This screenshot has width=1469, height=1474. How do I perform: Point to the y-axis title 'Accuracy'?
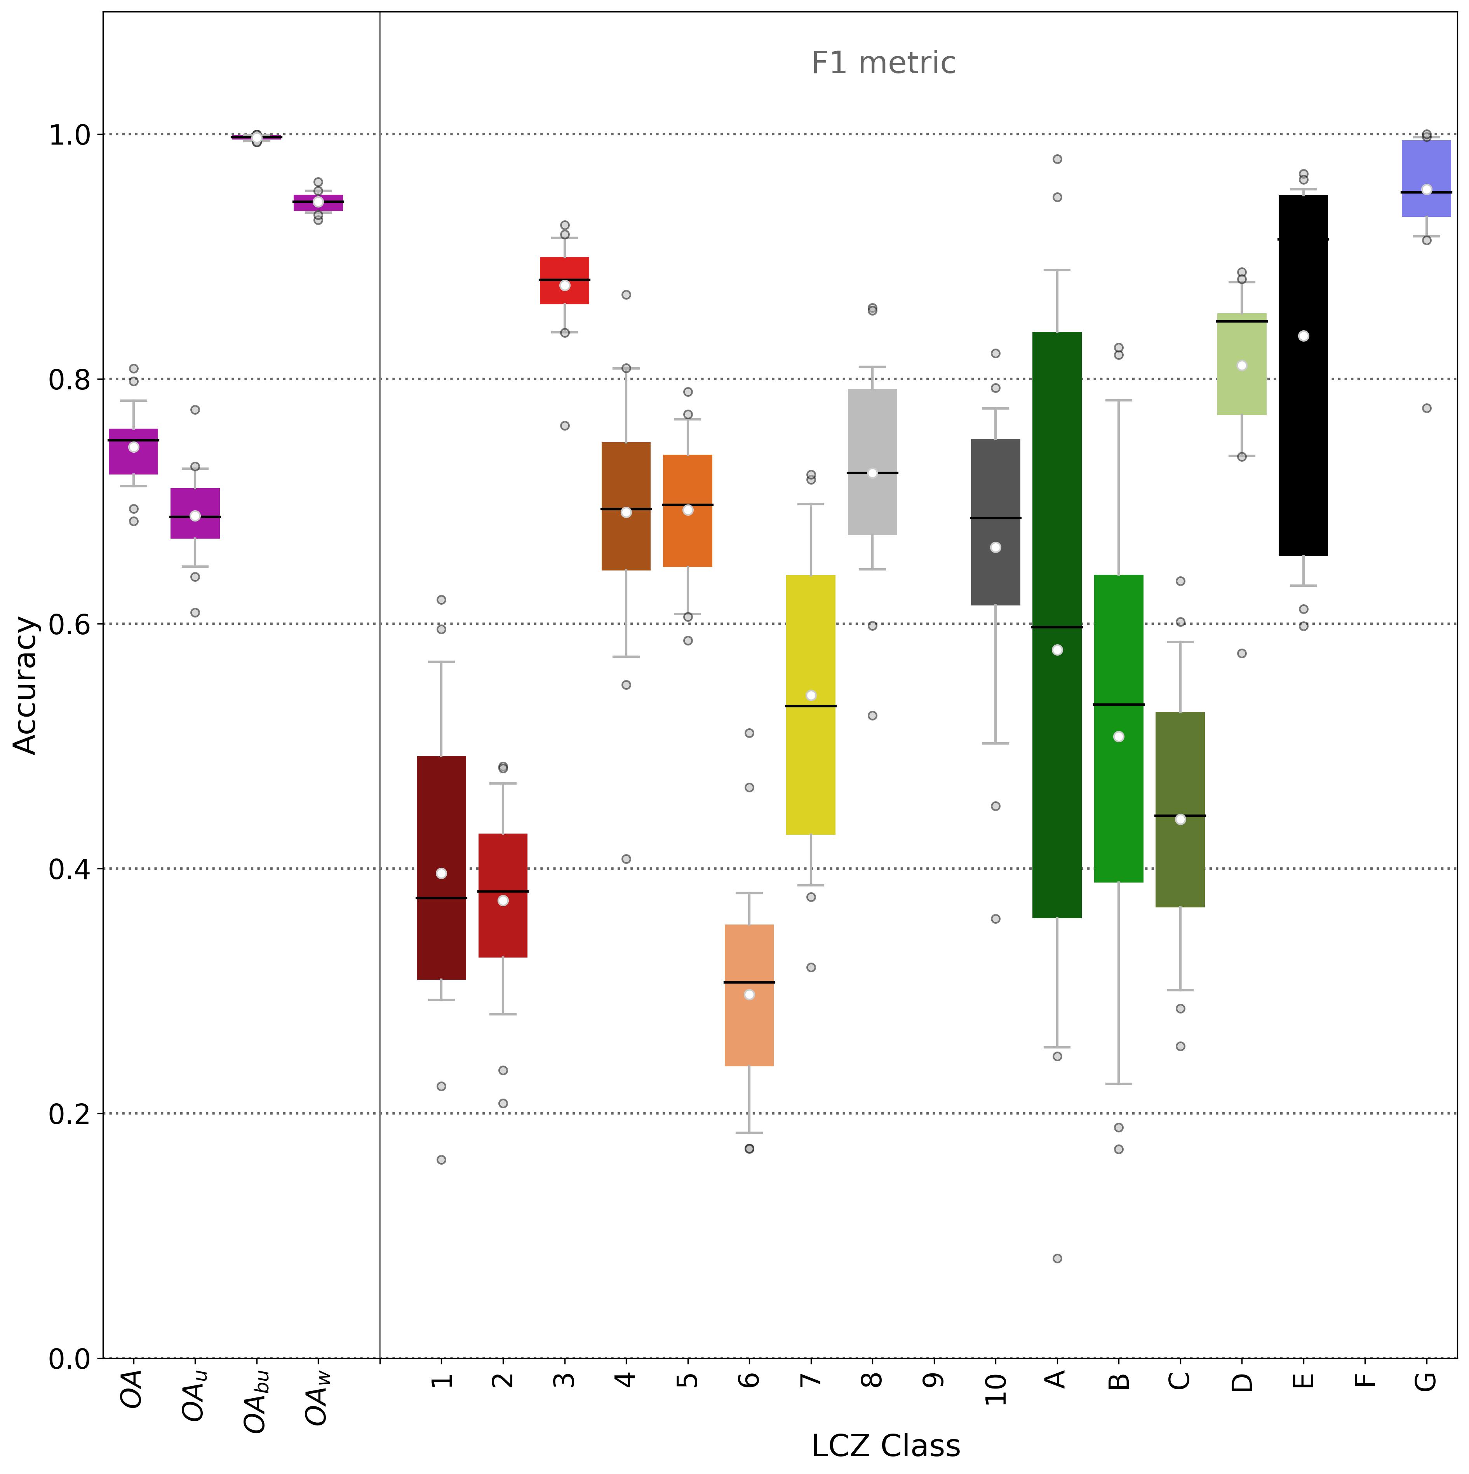(26, 685)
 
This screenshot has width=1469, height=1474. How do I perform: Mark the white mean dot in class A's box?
(1057, 650)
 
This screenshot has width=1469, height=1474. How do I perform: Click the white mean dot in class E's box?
(1304, 336)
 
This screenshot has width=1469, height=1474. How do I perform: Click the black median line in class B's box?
(1119, 704)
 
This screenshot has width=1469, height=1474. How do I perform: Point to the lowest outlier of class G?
(1426, 408)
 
